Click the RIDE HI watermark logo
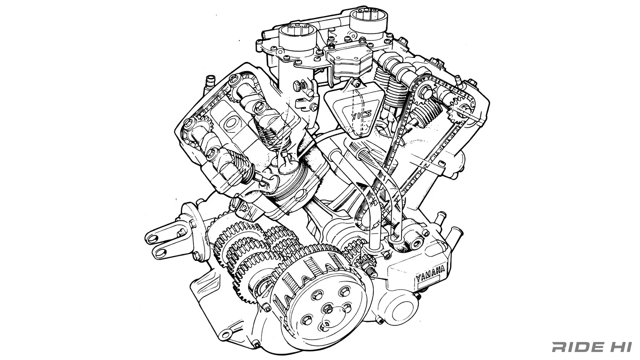pos(592,347)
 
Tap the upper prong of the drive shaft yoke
pos(162,234)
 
